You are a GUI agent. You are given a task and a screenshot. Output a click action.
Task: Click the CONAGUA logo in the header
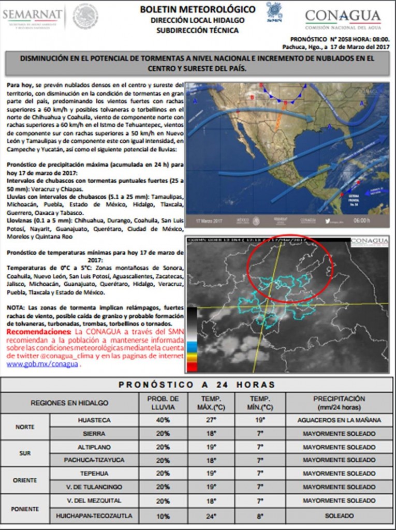pos(343,18)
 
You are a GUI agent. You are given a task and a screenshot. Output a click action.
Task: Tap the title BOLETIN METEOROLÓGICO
pos(198,9)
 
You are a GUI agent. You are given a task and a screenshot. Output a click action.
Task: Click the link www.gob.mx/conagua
pos(42,364)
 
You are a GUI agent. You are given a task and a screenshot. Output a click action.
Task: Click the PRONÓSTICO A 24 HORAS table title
pos(197,385)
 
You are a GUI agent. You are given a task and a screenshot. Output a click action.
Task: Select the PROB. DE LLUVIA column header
pos(163,403)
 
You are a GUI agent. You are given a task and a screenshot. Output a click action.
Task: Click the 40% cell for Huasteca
pos(163,420)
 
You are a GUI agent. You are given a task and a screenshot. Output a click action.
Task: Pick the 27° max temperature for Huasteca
pos(212,420)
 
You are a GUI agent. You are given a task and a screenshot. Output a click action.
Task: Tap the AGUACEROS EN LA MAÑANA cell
pos(339,420)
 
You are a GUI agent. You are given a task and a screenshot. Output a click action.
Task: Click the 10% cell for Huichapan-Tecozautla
pos(163,516)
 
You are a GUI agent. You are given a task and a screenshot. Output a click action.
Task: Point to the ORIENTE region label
pos(25,480)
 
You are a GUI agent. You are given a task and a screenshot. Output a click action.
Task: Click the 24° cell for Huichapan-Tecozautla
pos(212,516)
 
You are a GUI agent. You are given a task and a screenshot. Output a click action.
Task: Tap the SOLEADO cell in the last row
pos(339,516)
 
